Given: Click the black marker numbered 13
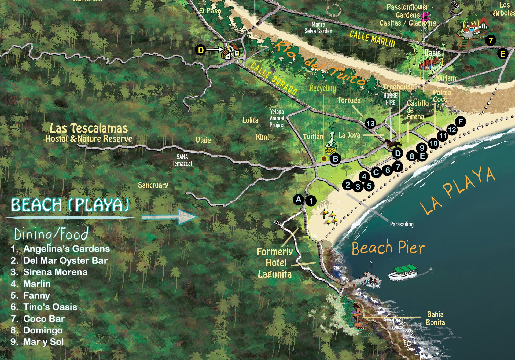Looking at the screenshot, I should click(x=370, y=123).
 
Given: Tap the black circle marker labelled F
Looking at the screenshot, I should click(x=461, y=122).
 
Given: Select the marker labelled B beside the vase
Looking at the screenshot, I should click(x=335, y=159).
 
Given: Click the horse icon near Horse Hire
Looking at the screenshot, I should click(x=393, y=144).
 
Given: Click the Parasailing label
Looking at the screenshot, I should click(x=402, y=224).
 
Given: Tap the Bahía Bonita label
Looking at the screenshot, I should click(x=435, y=318).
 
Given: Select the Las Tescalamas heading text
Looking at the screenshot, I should click(x=89, y=128).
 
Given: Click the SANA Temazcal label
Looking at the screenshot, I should click(x=182, y=160).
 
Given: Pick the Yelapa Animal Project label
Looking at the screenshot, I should click(x=277, y=118).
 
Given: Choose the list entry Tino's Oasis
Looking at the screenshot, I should click(x=50, y=307).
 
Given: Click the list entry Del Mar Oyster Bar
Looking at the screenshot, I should click(x=65, y=260).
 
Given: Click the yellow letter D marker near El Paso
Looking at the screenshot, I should click(x=201, y=50).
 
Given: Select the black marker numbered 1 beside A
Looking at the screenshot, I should click(x=311, y=201).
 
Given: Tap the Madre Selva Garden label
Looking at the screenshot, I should click(x=318, y=28).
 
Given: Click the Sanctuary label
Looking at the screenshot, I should click(x=153, y=185).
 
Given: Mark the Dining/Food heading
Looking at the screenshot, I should click(x=51, y=234).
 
